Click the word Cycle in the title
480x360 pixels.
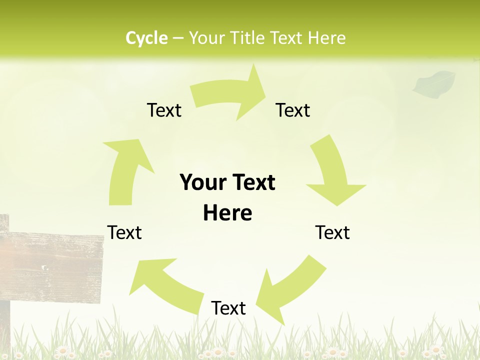(x=146, y=38)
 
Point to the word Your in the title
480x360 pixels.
(x=206, y=38)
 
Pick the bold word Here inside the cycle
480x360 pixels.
(x=227, y=213)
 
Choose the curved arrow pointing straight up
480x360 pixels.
(x=125, y=170)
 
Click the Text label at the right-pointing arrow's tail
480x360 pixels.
(x=164, y=110)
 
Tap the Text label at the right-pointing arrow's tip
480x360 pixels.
(x=293, y=110)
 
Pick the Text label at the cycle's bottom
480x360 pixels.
(x=228, y=308)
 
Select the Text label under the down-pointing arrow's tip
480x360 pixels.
(x=332, y=232)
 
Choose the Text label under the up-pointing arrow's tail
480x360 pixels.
(x=124, y=232)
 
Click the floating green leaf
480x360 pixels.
(x=434, y=83)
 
